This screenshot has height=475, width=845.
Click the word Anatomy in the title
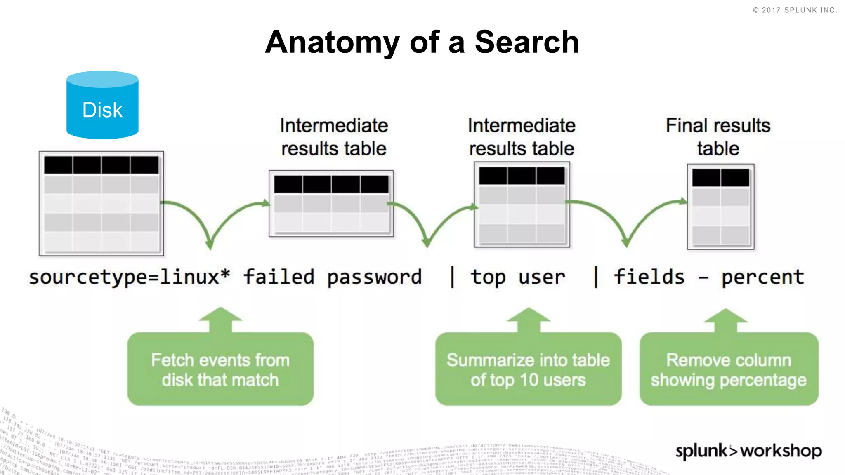coord(332,42)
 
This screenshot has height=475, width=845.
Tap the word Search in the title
coord(527,42)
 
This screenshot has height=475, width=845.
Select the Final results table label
coord(718,137)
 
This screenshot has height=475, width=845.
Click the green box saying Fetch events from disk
coord(220,369)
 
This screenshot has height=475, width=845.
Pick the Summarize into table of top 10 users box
coord(528,369)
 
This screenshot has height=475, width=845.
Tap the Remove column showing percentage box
coord(729,369)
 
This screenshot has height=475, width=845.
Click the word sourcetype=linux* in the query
coord(129,277)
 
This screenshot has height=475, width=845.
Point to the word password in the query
coord(374,277)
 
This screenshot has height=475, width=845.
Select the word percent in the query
coord(762,277)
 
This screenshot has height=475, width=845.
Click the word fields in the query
coord(649,277)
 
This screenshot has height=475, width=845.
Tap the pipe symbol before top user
coord(452,277)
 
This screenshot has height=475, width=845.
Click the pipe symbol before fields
coord(595,277)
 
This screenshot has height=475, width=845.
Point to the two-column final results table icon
coord(720,207)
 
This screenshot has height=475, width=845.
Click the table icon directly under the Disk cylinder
coord(101,203)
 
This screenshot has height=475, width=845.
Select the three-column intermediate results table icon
coord(522,205)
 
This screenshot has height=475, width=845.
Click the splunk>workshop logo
coord(748,451)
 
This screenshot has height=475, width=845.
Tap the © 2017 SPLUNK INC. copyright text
coord(795,10)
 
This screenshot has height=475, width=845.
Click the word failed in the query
coord(279,277)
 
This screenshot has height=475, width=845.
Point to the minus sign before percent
coord(703,278)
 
